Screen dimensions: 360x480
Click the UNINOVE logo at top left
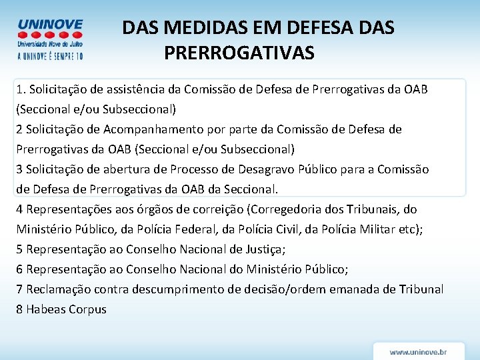pos(50,38)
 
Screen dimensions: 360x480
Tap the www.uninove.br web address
pos(418,351)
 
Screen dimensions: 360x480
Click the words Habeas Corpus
pos(66,309)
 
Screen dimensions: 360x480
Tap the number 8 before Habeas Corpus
pos(20,309)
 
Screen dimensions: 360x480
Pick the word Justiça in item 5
pos(264,249)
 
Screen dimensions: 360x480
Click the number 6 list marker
pos(20,269)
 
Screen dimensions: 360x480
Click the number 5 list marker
pos(20,249)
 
